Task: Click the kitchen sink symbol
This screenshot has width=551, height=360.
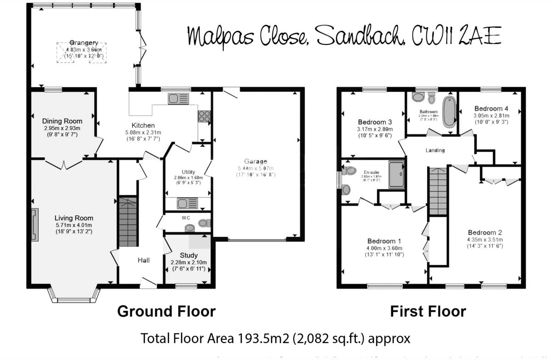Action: (x=178, y=99)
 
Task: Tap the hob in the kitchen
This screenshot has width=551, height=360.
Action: (x=203, y=116)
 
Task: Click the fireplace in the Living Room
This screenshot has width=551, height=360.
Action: (x=35, y=225)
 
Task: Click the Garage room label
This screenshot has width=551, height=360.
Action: (x=256, y=162)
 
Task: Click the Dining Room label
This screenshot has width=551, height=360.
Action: (x=62, y=121)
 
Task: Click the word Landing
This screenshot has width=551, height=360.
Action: (x=435, y=150)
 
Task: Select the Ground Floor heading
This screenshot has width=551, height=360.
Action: (x=166, y=311)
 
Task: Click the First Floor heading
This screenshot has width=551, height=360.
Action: (x=428, y=311)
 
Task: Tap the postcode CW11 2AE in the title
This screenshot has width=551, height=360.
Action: (x=457, y=36)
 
